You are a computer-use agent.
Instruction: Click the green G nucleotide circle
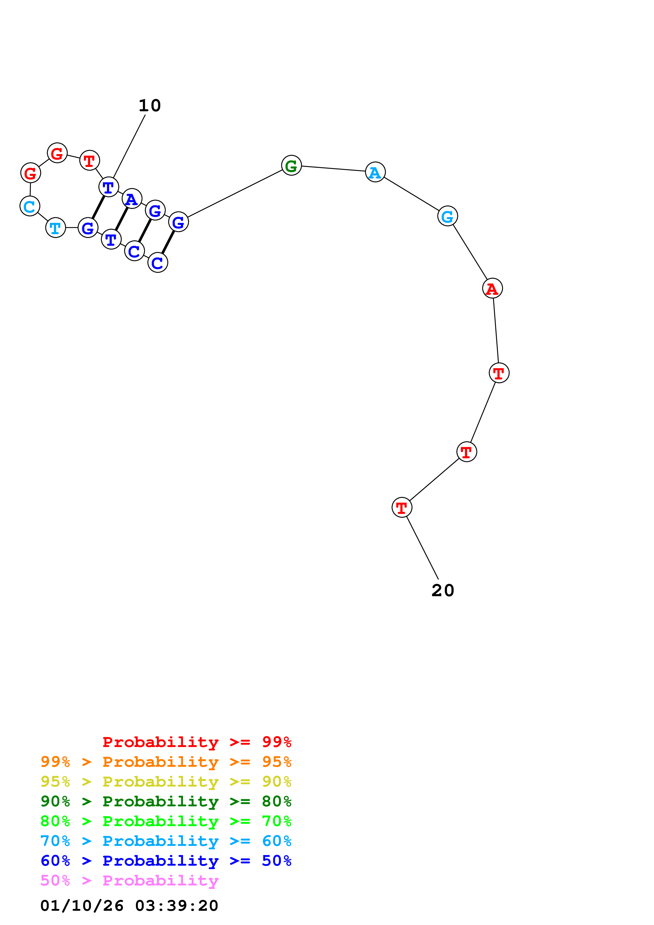(291, 165)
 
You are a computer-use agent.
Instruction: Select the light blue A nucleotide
(375, 172)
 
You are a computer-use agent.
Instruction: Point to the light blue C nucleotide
(30, 206)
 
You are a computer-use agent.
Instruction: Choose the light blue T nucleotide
(56, 228)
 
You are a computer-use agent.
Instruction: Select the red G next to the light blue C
(31, 173)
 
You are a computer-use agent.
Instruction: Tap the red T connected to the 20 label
(402, 507)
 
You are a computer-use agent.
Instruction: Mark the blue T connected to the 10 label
(109, 187)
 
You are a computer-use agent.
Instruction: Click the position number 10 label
(150, 105)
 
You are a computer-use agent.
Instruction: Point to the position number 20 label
(443, 591)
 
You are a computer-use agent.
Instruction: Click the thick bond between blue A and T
(122, 219)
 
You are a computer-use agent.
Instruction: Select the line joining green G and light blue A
(333, 169)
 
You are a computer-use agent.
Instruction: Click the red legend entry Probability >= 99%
(197, 742)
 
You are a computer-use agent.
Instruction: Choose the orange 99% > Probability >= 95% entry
(166, 762)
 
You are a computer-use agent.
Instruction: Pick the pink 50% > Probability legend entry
(129, 880)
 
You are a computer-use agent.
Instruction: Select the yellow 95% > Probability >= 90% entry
(166, 781)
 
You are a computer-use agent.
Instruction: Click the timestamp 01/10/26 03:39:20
(129, 905)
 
